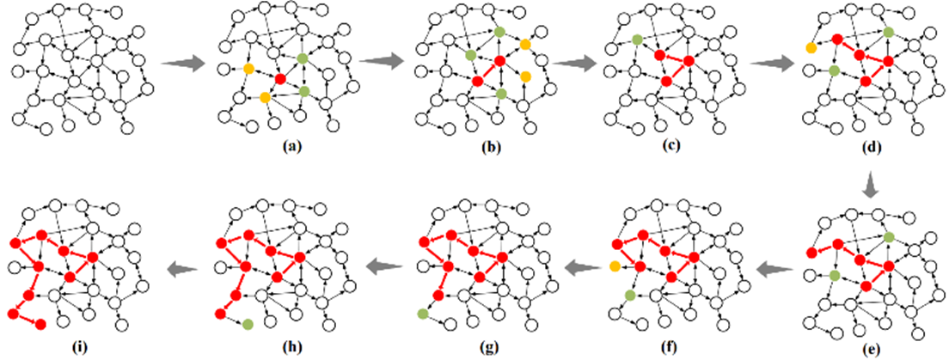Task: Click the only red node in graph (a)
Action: pyautogui.click(x=279, y=80)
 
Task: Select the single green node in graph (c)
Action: pyautogui.click(x=637, y=40)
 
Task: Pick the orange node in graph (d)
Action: pyautogui.click(x=811, y=48)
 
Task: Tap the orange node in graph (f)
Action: pyautogui.click(x=615, y=267)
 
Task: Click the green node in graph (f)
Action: pyautogui.click(x=630, y=296)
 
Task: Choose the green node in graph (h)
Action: pyautogui.click(x=248, y=324)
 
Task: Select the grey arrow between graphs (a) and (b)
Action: pyautogui.click(x=383, y=61)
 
